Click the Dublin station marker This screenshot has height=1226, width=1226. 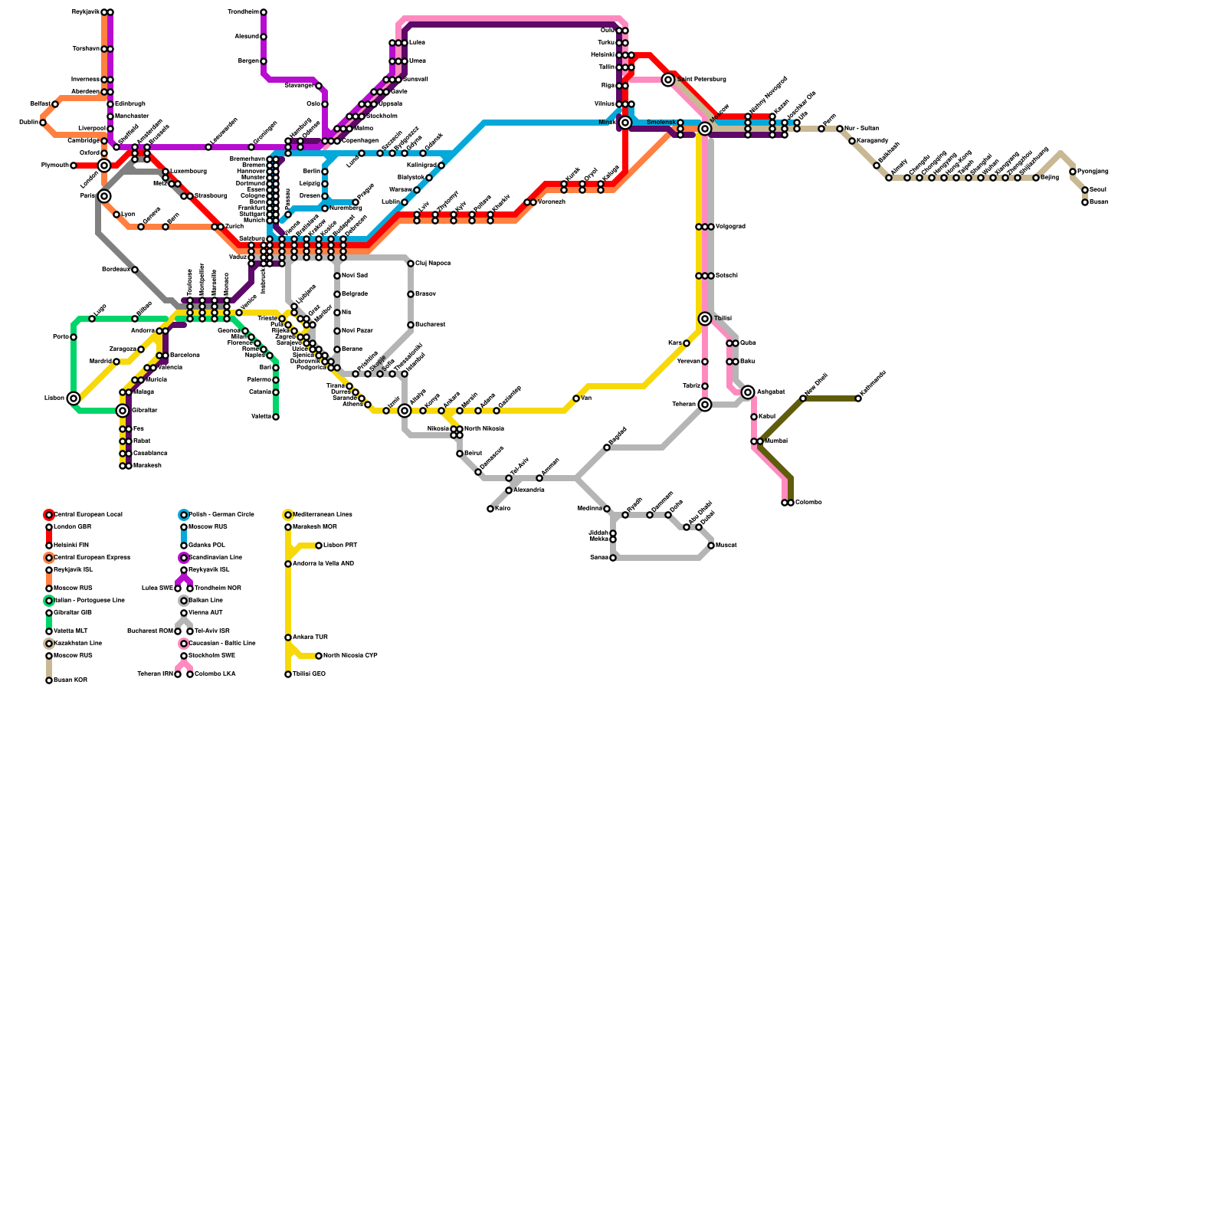[43, 123]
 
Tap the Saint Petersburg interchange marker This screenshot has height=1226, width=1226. [668, 80]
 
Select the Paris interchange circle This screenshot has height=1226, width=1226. [104, 196]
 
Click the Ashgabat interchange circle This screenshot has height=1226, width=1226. [748, 392]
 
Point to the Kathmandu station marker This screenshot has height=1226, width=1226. [858, 398]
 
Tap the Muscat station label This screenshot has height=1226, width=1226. [726, 546]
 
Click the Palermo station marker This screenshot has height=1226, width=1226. [276, 380]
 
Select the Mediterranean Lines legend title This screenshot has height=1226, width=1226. [323, 515]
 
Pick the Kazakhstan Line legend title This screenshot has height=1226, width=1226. [77, 644]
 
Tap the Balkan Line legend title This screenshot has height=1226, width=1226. [205, 601]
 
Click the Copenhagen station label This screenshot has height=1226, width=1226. [359, 141]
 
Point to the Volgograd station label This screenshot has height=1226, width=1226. [730, 227]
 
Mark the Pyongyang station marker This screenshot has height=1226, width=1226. [1073, 172]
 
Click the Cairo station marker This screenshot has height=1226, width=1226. [490, 509]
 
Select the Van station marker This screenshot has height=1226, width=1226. [576, 398]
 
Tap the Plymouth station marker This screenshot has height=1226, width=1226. [74, 166]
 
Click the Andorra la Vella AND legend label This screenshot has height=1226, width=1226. [323, 564]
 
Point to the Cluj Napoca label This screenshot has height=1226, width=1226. [433, 264]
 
